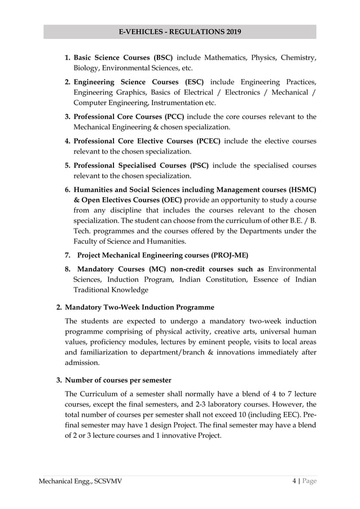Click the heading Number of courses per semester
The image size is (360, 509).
pos(118,380)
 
